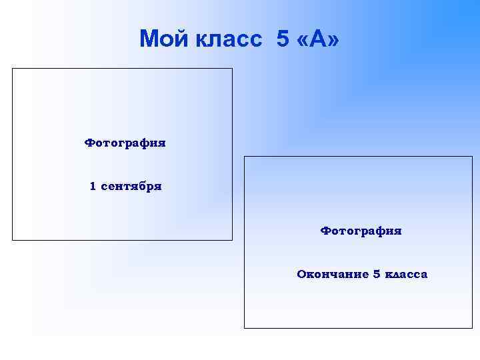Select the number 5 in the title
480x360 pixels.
(283, 39)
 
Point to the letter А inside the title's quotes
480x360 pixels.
(317, 39)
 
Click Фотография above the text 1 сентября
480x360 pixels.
(125, 143)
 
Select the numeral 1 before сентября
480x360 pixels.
(93, 186)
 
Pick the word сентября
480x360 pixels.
(131, 187)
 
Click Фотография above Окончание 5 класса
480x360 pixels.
(361, 231)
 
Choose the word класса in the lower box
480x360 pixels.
(407, 274)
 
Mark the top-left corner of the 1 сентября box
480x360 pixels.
(13, 68)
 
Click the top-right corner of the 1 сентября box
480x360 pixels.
(233, 68)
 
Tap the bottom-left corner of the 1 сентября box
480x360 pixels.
(13, 239)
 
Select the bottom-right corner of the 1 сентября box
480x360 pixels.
(233, 239)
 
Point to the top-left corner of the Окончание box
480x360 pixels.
(244, 157)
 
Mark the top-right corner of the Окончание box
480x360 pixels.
(472, 157)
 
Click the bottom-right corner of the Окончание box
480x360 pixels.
(472, 328)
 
